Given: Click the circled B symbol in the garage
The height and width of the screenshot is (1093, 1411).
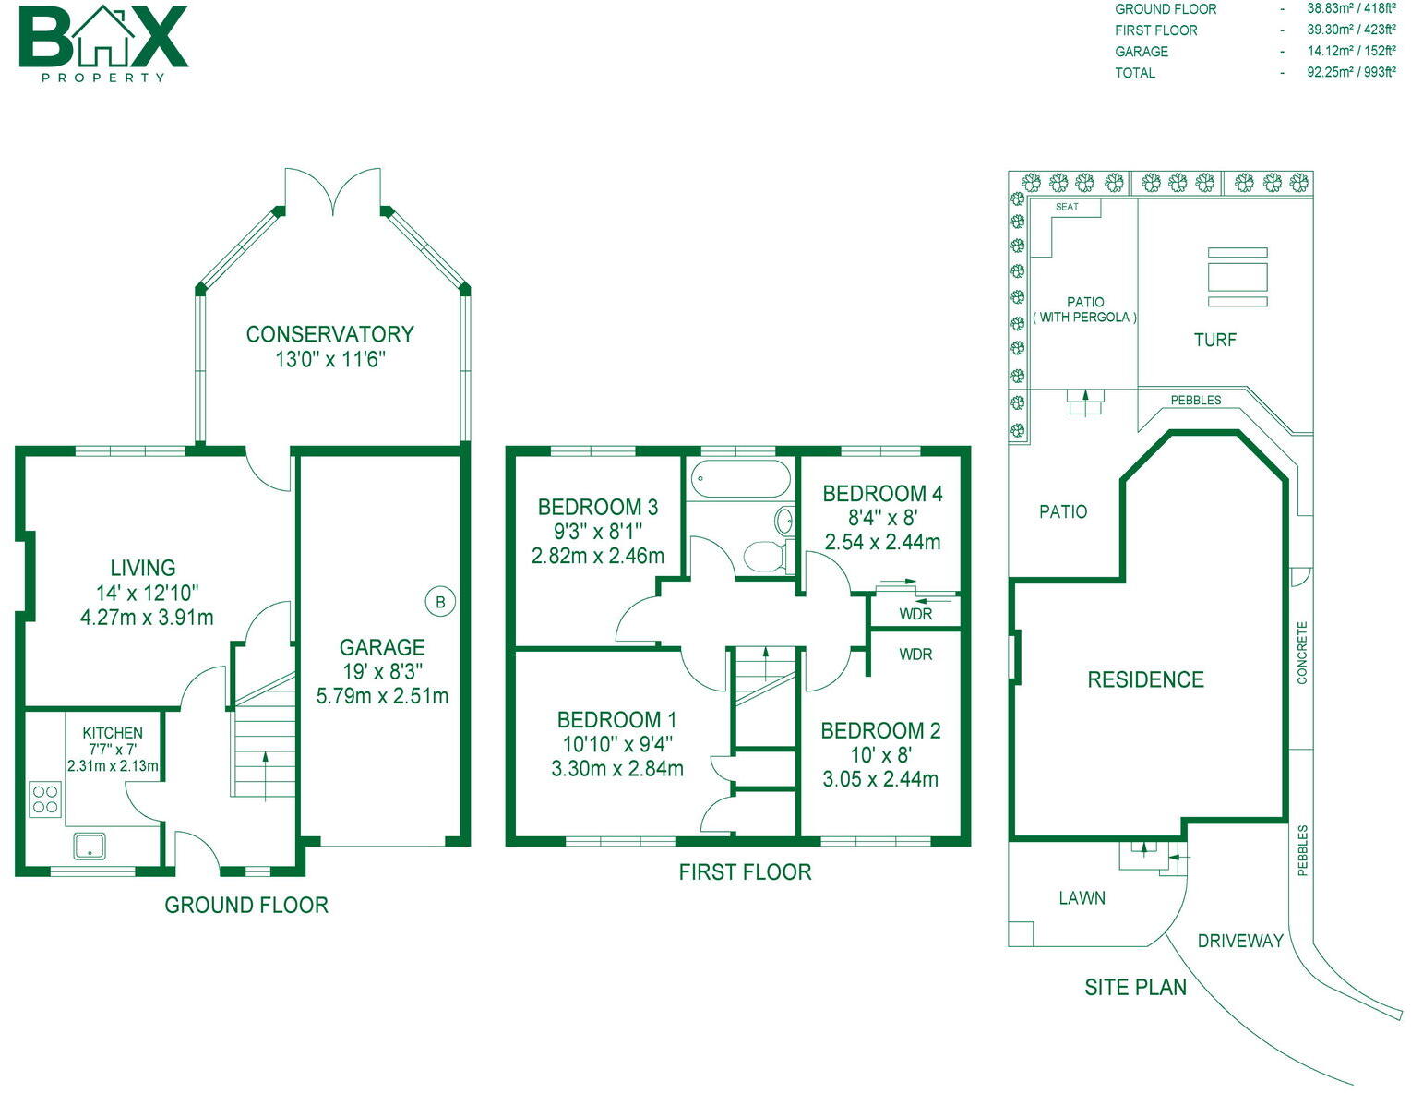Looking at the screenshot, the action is pyautogui.click(x=440, y=602).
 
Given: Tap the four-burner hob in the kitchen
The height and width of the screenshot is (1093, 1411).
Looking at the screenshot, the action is pyautogui.click(x=45, y=798).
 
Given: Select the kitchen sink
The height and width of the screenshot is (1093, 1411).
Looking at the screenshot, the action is pyautogui.click(x=90, y=846).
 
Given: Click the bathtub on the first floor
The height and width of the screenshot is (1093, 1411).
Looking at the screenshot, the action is pyautogui.click(x=742, y=478).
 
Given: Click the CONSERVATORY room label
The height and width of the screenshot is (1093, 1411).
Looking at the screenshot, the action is pyautogui.click(x=329, y=334).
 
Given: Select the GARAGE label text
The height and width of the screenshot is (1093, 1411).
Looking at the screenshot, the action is pyautogui.click(x=382, y=647).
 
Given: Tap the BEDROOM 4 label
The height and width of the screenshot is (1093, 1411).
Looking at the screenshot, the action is pyautogui.click(x=882, y=494).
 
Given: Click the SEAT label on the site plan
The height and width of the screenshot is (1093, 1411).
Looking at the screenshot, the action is pyautogui.click(x=1067, y=207).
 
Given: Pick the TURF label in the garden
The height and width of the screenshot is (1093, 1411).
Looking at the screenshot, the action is pyautogui.click(x=1214, y=340).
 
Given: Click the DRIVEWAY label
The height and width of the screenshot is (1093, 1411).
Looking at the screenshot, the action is pyautogui.click(x=1240, y=941).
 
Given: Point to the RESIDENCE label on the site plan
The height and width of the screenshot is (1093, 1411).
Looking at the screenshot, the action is pyautogui.click(x=1145, y=680).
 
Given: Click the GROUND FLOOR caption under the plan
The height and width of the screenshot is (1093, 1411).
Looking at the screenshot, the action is pyautogui.click(x=246, y=905).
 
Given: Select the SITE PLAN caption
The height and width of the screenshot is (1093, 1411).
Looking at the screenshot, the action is pyautogui.click(x=1135, y=987).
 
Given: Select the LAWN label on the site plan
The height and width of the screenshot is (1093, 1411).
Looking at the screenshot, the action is pyautogui.click(x=1082, y=897).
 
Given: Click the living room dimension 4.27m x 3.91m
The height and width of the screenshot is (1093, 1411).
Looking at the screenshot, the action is pyautogui.click(x=147, y=617).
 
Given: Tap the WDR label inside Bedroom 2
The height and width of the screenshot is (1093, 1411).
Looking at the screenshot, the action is pyautogui.click(x=915, y=655).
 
